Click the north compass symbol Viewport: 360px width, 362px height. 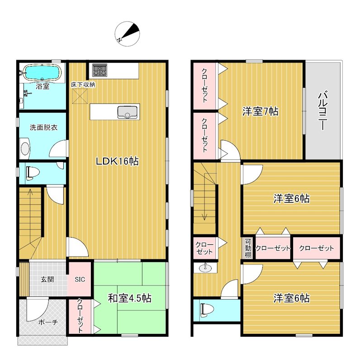127,33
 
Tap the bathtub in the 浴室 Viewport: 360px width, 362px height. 43,72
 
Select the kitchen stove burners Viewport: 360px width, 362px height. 99,70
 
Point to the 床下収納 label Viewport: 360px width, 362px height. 83,85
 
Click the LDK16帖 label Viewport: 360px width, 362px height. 117,161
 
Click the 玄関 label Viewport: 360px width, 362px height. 47,279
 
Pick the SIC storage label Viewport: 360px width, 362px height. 80,280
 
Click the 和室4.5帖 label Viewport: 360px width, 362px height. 130,298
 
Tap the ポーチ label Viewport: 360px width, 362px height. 48,322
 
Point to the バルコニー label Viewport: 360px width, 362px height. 323,111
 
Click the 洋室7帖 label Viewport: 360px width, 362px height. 260,111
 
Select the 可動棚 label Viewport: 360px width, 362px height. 248,248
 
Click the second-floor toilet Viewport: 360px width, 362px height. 207,310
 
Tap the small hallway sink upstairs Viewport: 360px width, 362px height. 204,268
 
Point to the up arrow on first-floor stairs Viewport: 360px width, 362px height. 30,200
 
